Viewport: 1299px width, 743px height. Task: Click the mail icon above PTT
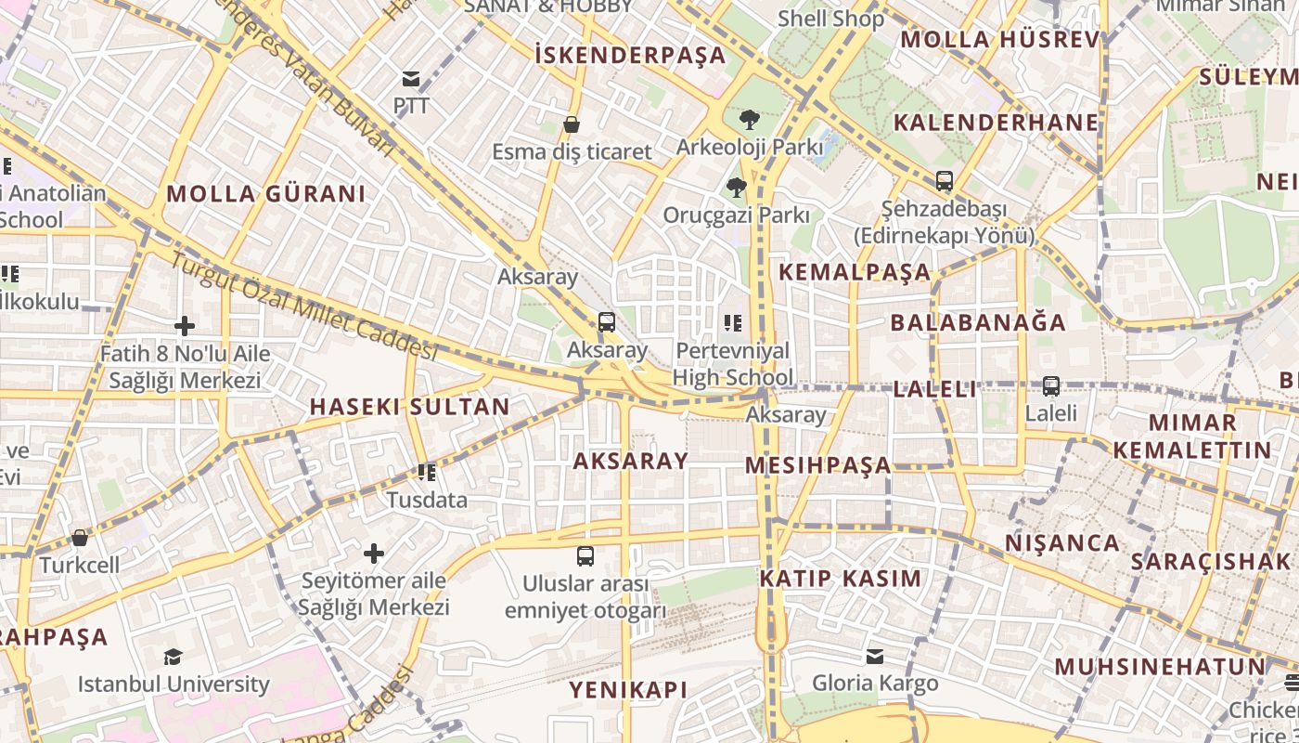point(411,79)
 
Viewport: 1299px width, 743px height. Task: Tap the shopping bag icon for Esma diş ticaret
point(572,124)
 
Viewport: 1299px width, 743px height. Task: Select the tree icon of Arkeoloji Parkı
point(749,119)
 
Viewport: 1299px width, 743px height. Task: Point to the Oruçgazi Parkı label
point(736,215)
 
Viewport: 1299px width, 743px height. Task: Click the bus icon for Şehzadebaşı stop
point(945,181)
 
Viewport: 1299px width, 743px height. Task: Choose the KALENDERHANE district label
point(996,123)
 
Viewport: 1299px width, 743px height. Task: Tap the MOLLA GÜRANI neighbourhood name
point(265,194)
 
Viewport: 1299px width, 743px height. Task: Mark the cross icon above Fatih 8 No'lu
point(185,326)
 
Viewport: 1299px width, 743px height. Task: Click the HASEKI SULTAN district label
point(409,407)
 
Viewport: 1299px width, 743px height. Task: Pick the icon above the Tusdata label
point(427,473)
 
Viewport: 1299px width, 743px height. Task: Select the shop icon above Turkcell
point(80,538)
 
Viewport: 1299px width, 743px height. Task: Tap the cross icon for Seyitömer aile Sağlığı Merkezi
point(373,554)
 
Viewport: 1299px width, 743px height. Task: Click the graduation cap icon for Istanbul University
point(173,658)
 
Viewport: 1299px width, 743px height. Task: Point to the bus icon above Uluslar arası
point(585,556)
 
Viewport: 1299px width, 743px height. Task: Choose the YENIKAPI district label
point(628,689)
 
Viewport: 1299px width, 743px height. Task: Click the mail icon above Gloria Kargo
point(875,657)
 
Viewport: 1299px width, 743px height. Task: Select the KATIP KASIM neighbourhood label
point(841,579)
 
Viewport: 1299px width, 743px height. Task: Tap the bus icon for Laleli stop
point(1051,385)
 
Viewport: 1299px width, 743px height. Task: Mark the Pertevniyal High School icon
point(733,323)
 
